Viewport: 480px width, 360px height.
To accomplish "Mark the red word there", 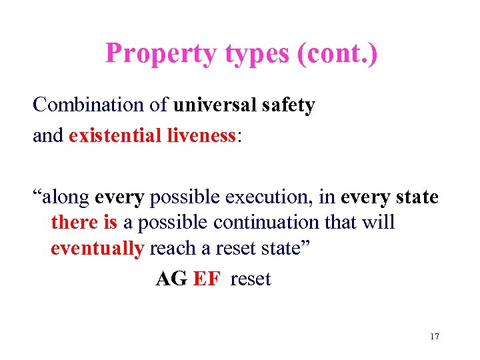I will (75, 222).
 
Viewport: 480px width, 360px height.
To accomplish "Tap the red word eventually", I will (97, 248).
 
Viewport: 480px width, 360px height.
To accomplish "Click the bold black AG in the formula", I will (171, 279).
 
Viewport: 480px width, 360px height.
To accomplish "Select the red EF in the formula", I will (206, 279).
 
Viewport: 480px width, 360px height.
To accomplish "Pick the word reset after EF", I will (251, 279).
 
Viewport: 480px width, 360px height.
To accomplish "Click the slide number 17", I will (434, 336).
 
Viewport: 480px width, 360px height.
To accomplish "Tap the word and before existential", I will (48, 136).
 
